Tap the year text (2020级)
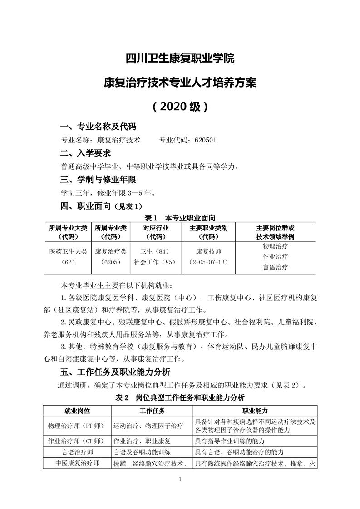[180, 107]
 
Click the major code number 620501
[208, 140]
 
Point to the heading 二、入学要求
[86, 153]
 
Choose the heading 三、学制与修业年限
[99, 180]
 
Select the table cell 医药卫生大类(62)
[68, 256]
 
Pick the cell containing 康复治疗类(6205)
[111, 256]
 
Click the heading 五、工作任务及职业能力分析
[115, 372]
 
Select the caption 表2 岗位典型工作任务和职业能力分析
[180, 398]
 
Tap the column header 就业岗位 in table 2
[77, 411]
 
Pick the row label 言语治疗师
[77, 452]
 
